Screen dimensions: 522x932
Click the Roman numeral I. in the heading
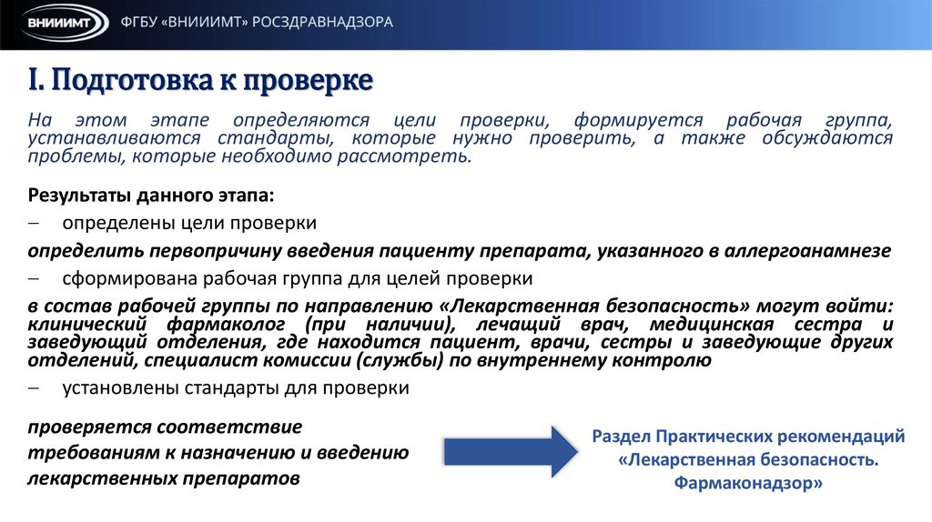tap(35, 81)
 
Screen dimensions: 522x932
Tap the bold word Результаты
tap(80, 195)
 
